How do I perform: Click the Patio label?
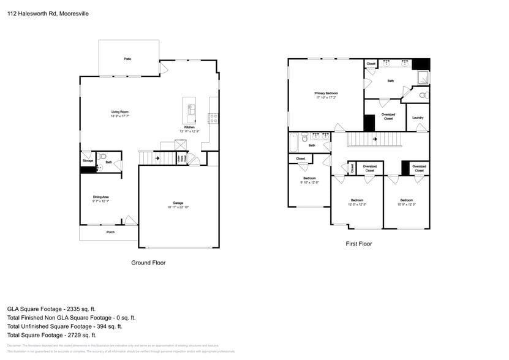(128, 59)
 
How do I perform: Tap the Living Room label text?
(119, 111)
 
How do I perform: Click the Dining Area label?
(101, 197)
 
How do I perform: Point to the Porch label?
(111, 232)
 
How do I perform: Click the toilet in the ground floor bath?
(102, 156)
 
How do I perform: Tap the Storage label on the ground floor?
(88, 160)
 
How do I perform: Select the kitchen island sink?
(191, 110)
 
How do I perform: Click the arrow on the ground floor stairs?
(157, 158)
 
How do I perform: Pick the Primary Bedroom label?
(326, 93)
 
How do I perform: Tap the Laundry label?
(418, 118)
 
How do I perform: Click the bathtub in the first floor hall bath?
(294, 143)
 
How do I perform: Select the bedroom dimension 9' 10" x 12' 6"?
(309, 182)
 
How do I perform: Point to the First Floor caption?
(358, 244)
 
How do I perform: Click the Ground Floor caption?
(148, 263)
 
